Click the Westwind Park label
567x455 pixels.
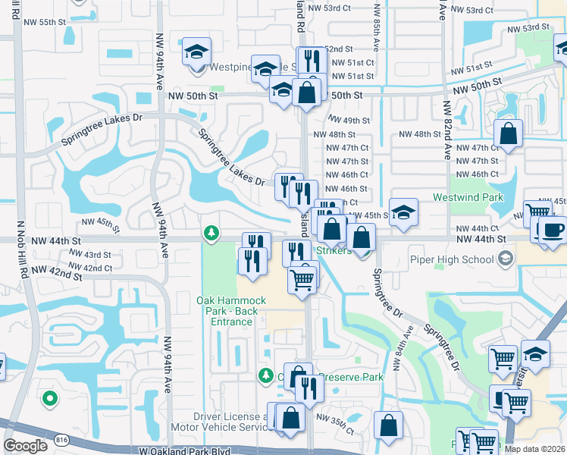468,197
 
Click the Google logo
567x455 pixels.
26,445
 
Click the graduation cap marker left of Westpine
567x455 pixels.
197,53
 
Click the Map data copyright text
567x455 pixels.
534,449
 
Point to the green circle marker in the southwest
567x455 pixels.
50,397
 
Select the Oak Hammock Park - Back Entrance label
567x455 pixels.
227,311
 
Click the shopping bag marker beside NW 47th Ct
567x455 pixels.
508,134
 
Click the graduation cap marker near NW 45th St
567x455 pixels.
404,213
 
